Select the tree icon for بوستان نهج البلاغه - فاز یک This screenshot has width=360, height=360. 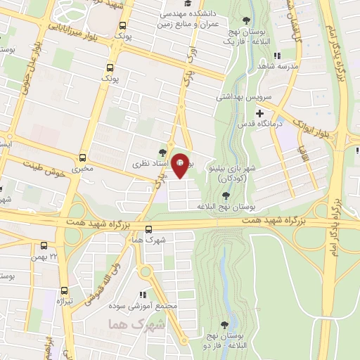245,20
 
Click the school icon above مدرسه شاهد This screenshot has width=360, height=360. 277,56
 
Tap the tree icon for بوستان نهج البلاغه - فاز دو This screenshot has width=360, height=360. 224,325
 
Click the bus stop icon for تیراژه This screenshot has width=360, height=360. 65,290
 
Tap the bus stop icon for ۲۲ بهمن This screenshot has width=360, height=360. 44,246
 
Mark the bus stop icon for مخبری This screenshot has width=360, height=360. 83,157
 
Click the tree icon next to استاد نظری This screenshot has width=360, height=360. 162,151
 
